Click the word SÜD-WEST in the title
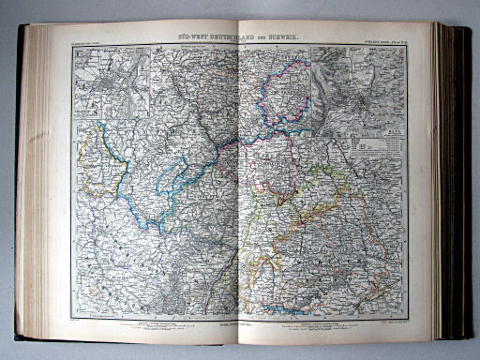[192, 35]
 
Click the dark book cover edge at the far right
[466, 187]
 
